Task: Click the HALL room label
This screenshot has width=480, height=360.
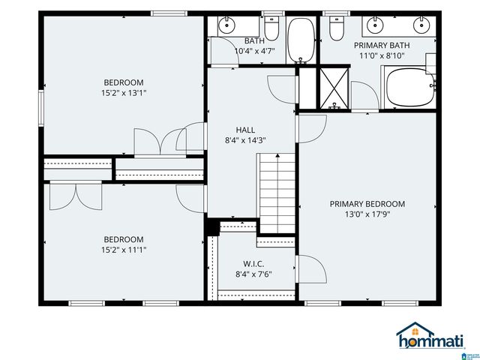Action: click(245, 130)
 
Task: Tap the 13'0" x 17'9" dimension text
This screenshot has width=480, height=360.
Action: click(367, 214)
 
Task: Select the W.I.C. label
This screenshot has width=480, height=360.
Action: click(253, 263)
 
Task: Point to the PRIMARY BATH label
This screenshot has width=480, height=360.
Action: click(382, 45)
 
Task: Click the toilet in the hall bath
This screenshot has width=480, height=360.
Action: click(271, 28)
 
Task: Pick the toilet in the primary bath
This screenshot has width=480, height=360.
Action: click(337, 28)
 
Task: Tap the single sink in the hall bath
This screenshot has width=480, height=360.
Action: click(226, 25)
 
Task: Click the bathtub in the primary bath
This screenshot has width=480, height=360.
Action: click(410, 87)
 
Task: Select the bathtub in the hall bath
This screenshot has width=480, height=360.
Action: click(301, 40)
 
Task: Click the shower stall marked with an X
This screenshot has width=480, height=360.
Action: click(334, 88)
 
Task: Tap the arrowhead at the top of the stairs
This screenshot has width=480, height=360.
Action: click(277, 155)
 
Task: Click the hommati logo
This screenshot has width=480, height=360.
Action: click(430, 335)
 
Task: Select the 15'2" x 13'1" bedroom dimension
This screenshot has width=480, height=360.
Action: click(124, 93)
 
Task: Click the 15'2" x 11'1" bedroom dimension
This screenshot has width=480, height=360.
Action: click(124, 250)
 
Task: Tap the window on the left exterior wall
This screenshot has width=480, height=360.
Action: click(41, 108)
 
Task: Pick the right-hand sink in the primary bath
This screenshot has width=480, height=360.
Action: click(421, 25)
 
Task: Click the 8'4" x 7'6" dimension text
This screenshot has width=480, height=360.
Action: click(253, 274)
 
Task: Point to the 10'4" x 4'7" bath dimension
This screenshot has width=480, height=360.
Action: click(255, 51)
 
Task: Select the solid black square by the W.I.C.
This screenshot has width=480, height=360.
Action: click(212, 226)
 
